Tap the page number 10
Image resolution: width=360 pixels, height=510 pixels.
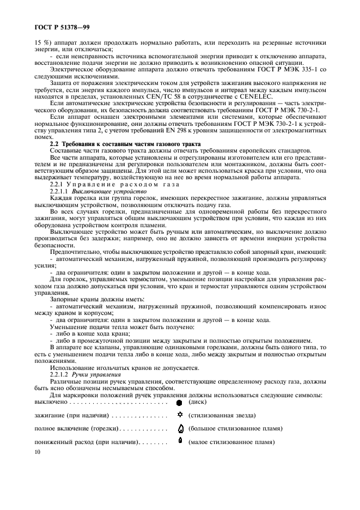38,452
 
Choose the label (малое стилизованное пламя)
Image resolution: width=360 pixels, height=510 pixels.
231,441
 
